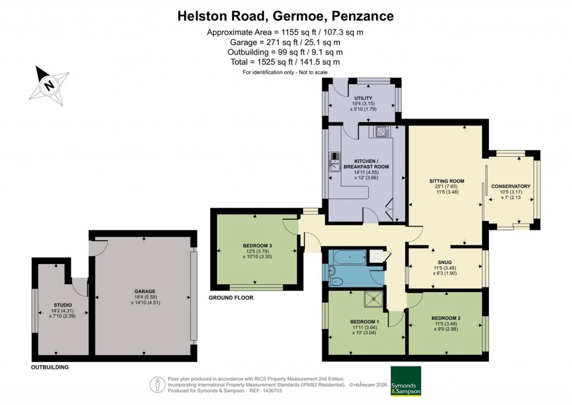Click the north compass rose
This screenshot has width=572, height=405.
tap(49, 86)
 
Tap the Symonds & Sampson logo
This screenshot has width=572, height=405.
tap(405, 382)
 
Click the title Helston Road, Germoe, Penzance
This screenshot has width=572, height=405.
tap(285, 16)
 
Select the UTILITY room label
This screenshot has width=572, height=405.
tap(363, 98)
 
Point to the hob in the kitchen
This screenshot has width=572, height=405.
tap(383, 132)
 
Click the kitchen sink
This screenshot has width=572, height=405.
tap(334, 162)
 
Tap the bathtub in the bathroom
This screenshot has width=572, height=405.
tap(349, 258)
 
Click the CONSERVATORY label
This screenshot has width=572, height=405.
tap(511, 186)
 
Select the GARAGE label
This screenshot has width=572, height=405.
tap(145, 291)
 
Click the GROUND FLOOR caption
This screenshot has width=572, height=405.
tap(231, 298)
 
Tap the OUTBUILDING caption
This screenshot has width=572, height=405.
tap(50, 368)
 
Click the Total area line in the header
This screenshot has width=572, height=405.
tap(285, 62)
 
